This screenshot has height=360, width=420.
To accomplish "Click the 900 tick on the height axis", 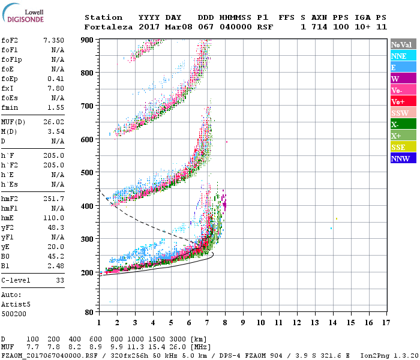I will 88,40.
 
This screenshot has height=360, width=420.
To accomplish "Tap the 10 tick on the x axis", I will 260,323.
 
